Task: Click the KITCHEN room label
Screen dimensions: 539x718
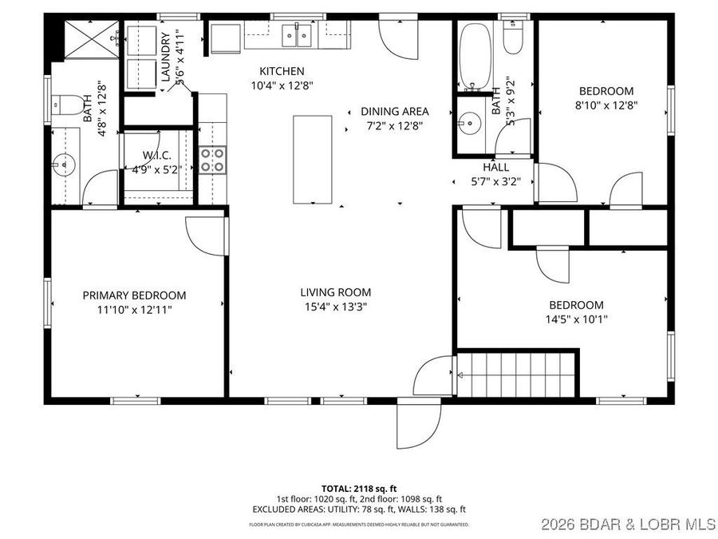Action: click(282, 71)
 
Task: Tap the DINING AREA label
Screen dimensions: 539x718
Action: click(395, 112)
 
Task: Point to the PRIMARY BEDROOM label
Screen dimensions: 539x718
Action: click(134, 295)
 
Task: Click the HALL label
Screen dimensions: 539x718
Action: click(495, 168)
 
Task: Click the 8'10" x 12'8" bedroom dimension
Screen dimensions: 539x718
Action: click(606, 105)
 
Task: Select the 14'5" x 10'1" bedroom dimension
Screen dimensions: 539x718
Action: click(575, 319)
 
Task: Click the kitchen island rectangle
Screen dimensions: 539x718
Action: click(312, 160)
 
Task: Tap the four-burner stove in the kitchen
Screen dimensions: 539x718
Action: click(212, 160)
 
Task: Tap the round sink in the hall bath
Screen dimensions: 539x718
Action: click(468, 124)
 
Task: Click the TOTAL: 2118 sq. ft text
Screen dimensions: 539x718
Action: click(358, 487)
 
